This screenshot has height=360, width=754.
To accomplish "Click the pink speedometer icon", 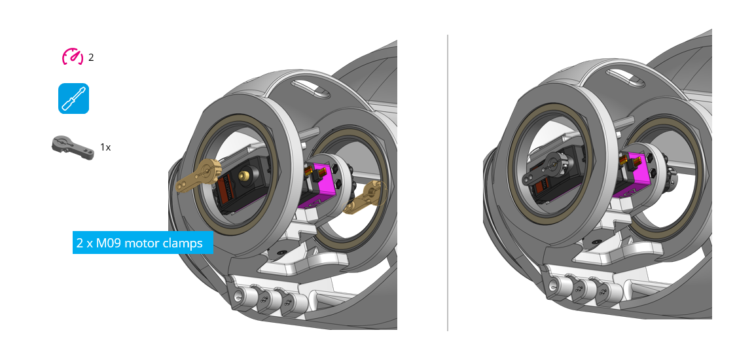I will click(x=73, y=57).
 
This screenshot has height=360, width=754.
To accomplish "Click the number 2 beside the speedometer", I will click(x=91, y=58).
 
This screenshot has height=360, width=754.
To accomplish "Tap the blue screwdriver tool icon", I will click(x=73, y=98).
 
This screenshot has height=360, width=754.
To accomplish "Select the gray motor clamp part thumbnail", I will click(x=72, y=147).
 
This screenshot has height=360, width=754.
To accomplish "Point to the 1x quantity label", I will click(x=105, y=147).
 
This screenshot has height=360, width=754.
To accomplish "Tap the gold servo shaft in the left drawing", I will click(x=244, y=175).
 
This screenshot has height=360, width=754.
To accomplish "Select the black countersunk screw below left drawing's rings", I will click(x=280, y=251).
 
